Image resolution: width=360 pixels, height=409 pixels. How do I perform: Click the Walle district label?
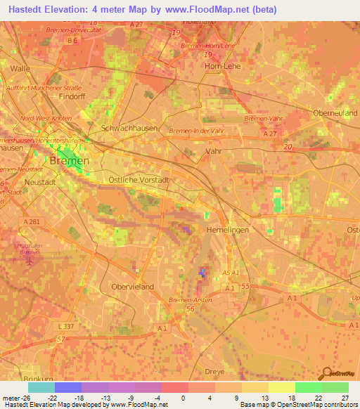pyautogui.click(x=20, y=68)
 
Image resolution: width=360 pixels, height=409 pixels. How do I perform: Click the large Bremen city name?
pyautogui.click(x=70, y=161)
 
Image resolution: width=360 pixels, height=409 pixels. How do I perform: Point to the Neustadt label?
pyautogui.click(x=39, y=181)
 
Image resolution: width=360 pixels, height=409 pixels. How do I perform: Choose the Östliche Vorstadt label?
pyautogui.click(x=136, y=180)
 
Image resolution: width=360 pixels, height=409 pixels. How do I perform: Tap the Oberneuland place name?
pyautogui.click(x=335, y=112)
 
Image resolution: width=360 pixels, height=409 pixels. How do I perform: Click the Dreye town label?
pyautogui.click(x=214, y=371)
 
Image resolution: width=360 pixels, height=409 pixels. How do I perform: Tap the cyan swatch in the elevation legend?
pyautogui.click(x=41, y=387)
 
